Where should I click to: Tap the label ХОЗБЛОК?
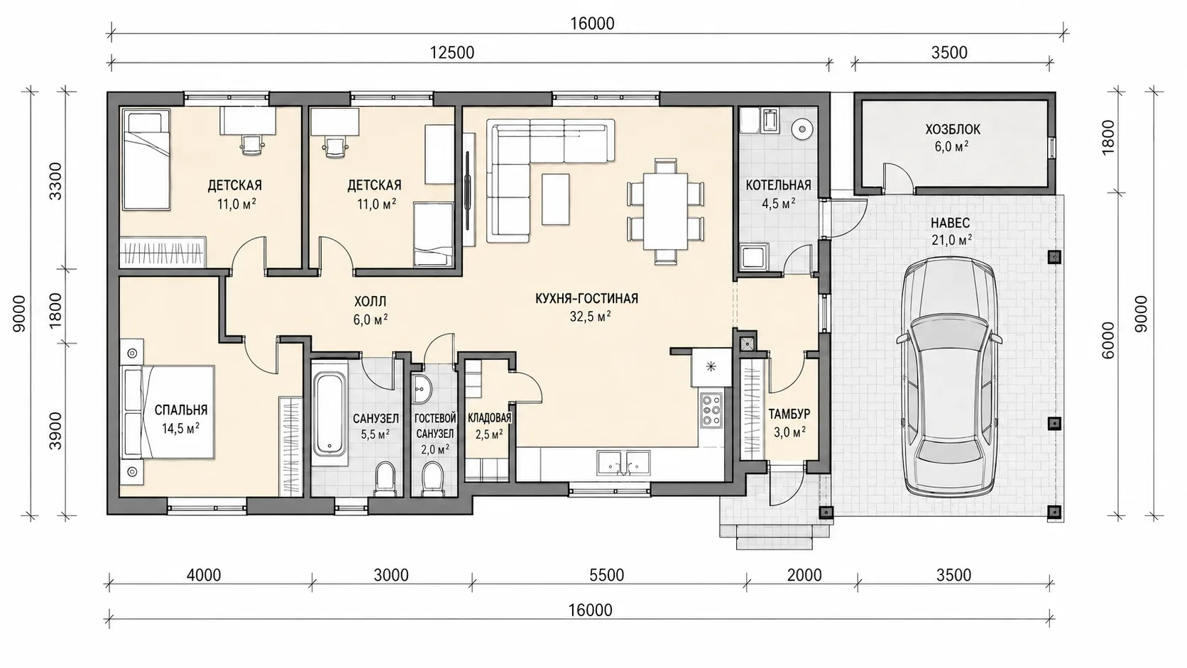(x=952, y=129)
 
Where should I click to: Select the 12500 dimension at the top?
(x=452, y=53)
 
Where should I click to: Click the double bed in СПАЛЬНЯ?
(x=168, y=412)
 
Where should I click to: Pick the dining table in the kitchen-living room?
(x=666, y=211)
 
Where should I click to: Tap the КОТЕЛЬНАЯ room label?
(x=778, y=185)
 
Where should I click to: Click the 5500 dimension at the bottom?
(x=606, y=575)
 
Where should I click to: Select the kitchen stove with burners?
(x=711, y=410)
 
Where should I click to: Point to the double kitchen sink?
(x=623, y=462)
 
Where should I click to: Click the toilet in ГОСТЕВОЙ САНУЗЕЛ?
(x=432, y=478)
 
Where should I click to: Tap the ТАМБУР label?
(x=789, y=414)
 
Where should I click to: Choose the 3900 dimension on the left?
(x=55, y=430)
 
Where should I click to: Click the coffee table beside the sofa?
(x=555, y=199)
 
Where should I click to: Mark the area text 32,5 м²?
(x=590, y=317)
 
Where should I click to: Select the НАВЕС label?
(x=950, y=222)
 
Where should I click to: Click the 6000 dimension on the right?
(x=1107, y=340)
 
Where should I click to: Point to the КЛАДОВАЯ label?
(x=489, y=417)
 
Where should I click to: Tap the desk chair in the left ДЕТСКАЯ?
(x=252, y=144)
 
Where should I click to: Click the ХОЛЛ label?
(x=370, y=302)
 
